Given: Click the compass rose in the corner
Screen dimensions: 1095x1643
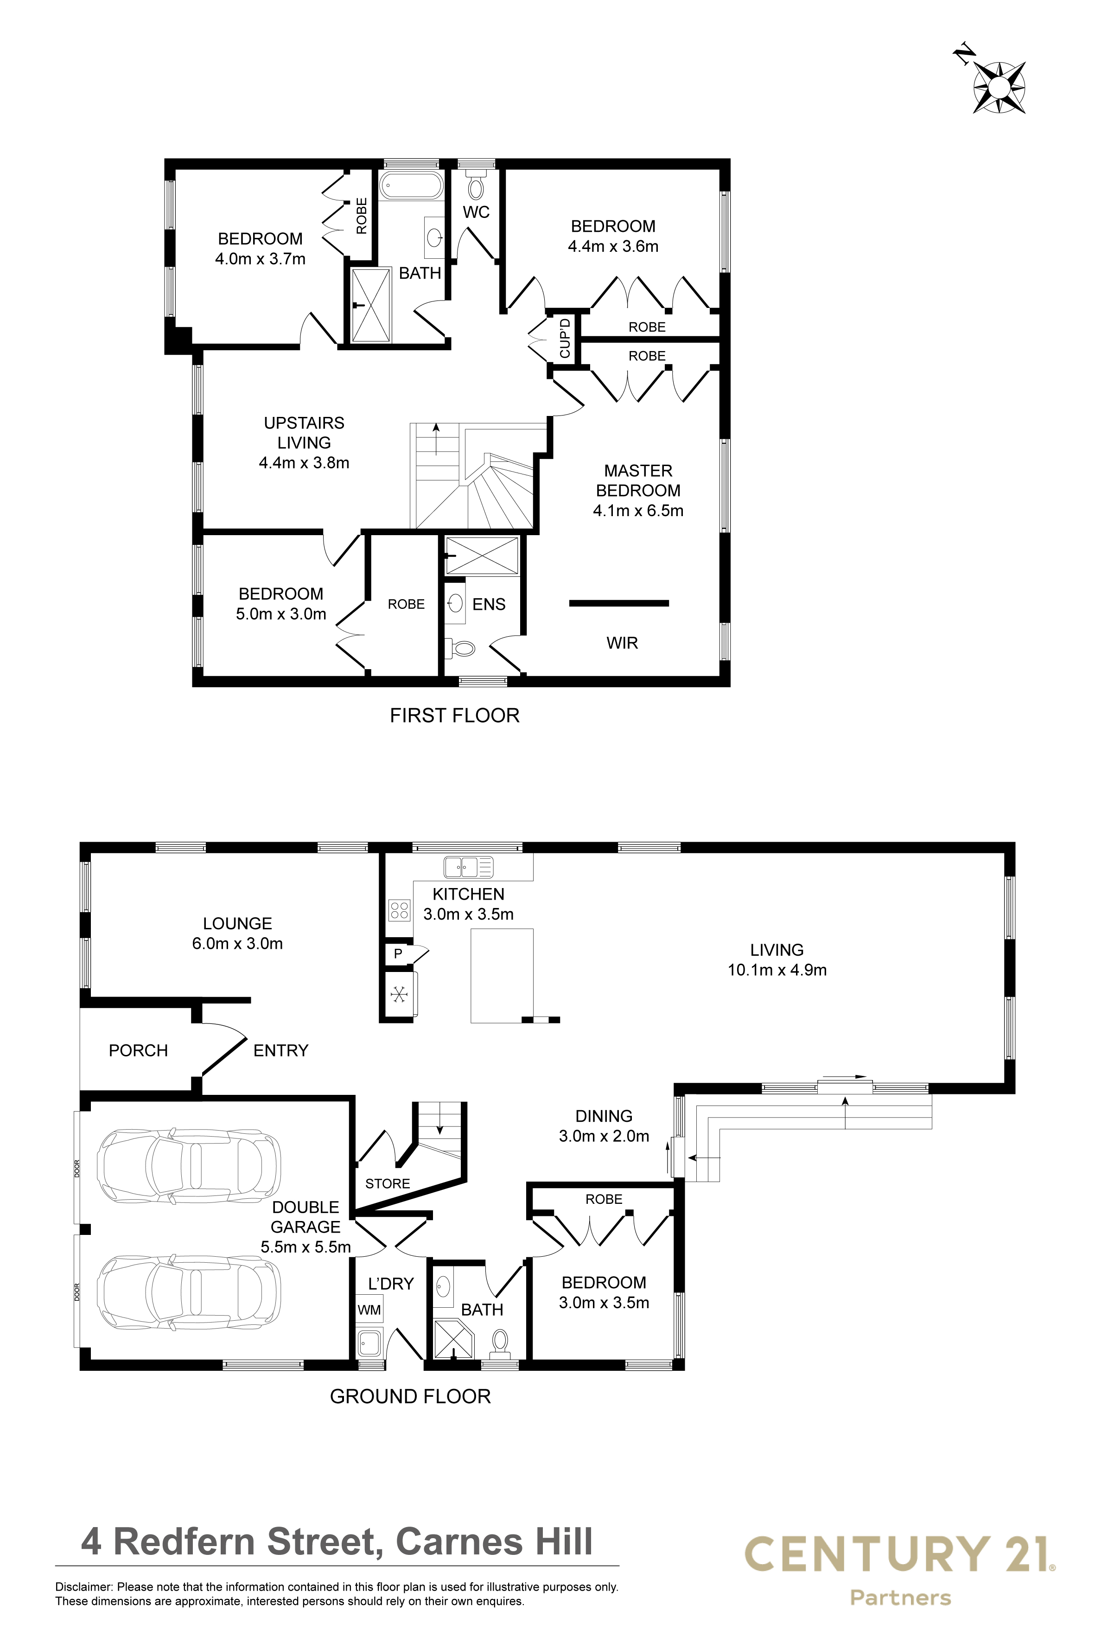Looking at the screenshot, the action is coord(999,87).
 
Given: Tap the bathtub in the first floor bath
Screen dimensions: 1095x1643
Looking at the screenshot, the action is coord(411,186).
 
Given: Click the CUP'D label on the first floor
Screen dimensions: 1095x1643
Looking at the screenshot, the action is coord(565,338).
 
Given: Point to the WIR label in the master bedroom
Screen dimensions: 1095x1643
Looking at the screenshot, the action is coord(622,643).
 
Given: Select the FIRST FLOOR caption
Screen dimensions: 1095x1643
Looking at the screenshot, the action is coord(455,716).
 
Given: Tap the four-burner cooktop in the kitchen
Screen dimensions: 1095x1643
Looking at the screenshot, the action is coord(400,910).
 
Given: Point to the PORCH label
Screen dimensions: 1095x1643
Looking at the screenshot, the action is coord(138,1051).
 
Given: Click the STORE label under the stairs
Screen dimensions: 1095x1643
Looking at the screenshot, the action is coord(388,1183).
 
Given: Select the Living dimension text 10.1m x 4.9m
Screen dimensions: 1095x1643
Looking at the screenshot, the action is coord(777,970).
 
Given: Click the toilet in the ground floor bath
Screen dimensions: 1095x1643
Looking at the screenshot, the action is coord(500,1342).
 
